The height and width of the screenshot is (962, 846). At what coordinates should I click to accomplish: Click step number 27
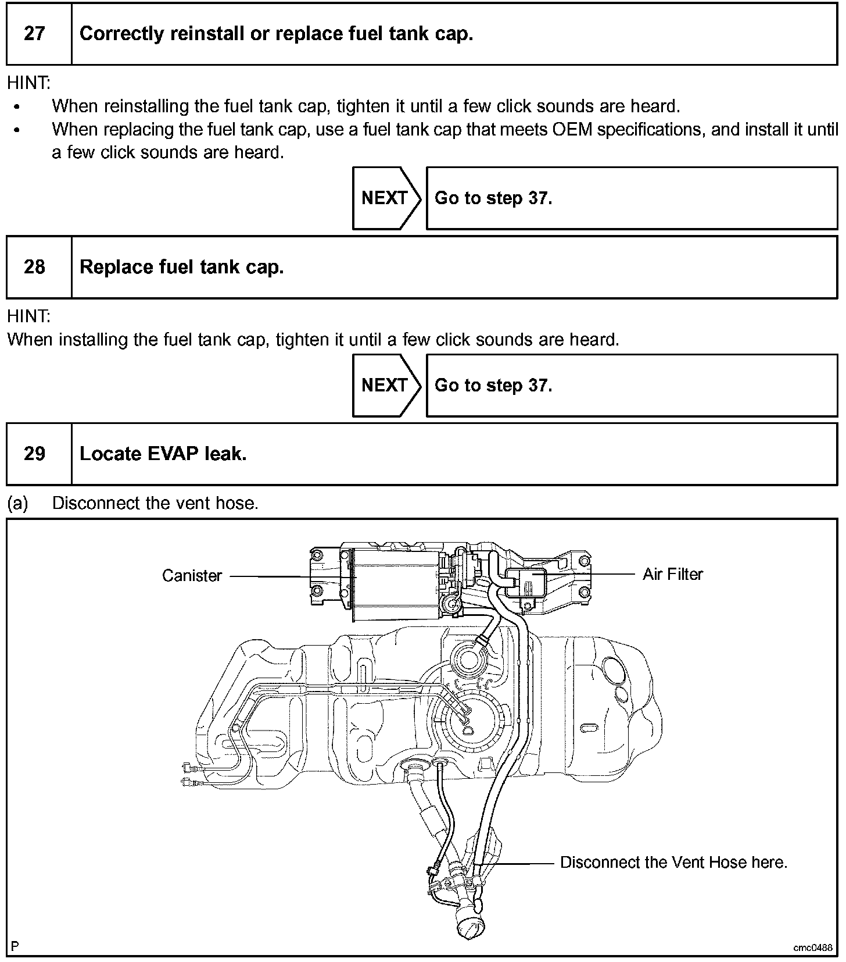tap(34, 33)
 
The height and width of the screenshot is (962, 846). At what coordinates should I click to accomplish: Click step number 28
tap(34, 267)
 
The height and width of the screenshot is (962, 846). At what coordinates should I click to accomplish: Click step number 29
tap(34, 454)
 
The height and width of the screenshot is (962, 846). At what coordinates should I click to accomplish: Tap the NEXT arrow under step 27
tap(385, 198)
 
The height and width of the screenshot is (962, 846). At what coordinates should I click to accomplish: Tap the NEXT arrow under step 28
tap(385, 385)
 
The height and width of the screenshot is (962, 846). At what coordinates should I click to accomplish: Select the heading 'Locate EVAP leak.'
tap(163, 454)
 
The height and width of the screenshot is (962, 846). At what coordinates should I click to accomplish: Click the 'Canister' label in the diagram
tap(192, 576)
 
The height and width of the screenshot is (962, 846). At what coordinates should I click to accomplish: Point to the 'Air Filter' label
tap(672, 574)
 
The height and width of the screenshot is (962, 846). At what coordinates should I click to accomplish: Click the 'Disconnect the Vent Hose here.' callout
tap(673, 862)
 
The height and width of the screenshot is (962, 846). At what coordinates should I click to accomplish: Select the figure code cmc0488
tap(812, 947)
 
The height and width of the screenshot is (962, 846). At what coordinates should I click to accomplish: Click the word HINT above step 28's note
tap(28, 316)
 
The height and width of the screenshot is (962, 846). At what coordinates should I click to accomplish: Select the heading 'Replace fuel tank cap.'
tap(181, 267)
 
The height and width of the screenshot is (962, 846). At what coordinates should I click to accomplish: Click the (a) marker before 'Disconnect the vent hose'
tap(17, 503)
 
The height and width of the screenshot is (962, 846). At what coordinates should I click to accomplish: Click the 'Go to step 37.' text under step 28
tap(493, 385)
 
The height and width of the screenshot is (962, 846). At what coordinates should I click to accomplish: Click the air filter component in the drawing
tap(526, 582)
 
